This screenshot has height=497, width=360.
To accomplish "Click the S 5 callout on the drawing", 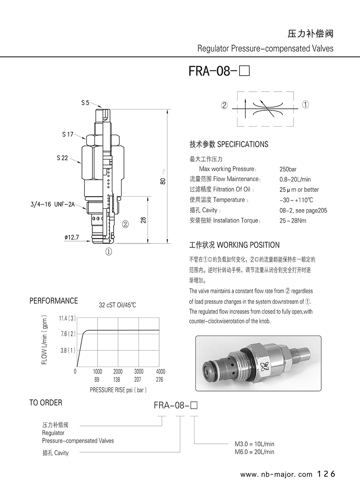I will (x=85, y=103).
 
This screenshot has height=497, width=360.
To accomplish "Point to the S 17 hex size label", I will (x=68, y=134).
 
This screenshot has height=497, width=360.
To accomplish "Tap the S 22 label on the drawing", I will (x=62, y=158).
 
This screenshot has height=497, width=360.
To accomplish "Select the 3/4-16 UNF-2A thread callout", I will (x=52, y=204).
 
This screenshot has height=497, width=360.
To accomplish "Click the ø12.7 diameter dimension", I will (x=72, y=238).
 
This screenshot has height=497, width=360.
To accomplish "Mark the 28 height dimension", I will (x=143, y=220).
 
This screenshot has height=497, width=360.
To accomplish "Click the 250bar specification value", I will (x=288, y=169).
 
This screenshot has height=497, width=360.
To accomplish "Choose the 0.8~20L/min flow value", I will (x=295, y=180).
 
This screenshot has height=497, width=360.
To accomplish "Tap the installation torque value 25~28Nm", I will (x=293, y=221).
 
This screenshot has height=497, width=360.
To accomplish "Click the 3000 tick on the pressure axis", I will (x=138, y=372).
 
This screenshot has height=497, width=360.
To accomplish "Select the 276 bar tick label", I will (x=159, y=380).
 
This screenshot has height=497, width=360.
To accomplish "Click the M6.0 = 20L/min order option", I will (x=254, y=452).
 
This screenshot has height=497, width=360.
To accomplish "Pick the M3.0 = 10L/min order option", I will (x=254, y=444).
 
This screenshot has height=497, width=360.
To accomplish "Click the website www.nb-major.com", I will (x=276, y=475).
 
